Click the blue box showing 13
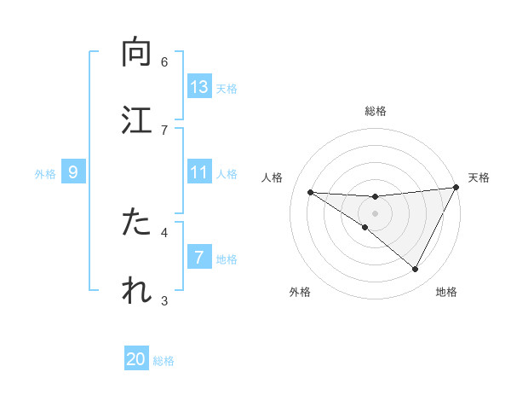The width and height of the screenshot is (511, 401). tap(199, 87)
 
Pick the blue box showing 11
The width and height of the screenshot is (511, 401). tap(199, 172)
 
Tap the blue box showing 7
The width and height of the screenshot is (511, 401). tap(199, 258)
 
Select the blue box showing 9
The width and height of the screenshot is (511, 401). tap(73, 172)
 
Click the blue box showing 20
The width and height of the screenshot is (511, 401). tap(136, 359)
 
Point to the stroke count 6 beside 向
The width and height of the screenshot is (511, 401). tap(164, 61)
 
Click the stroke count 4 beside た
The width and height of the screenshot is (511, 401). tap(164, 231)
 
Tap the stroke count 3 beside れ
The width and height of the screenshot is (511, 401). tap(164, 300)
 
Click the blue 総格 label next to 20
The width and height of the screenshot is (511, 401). tap(164, 361)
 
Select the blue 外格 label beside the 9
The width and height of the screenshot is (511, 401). tap(45, 173)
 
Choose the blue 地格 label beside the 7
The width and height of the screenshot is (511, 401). tap(227, 259)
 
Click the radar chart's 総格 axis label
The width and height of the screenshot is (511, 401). tap(376, 111)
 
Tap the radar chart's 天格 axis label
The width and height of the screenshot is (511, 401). tap(479, 177)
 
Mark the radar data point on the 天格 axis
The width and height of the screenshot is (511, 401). tap(456, 188)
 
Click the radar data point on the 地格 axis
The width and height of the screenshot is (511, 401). tap(416, 270)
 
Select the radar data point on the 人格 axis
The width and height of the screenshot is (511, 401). tap(310, 192)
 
